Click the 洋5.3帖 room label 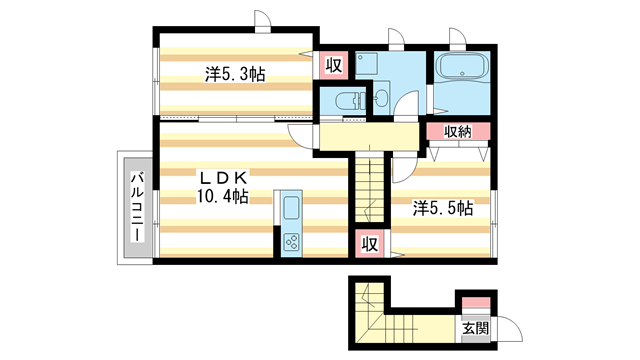(x=235, y=75)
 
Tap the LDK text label (x=223, y=178)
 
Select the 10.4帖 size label (x=223, y=197)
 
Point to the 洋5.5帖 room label (x=443, y=208)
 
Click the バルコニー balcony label (x=138, y=207)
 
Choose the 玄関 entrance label (x=476, y=328)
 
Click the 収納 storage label (x=458, y=132)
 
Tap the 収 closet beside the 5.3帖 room (x=333, y=65)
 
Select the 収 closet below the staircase (x=369, y=244)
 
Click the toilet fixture (x=349, y=100)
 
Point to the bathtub (x=462, y=66)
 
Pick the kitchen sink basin (x=291, y=208)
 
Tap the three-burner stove (x=291, y=241)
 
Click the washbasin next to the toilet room (x=382, y=97)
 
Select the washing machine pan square (x=367, y=64)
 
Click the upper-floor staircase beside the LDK (x=369, y=187)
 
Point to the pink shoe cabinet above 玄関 (x=476, y=302)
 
